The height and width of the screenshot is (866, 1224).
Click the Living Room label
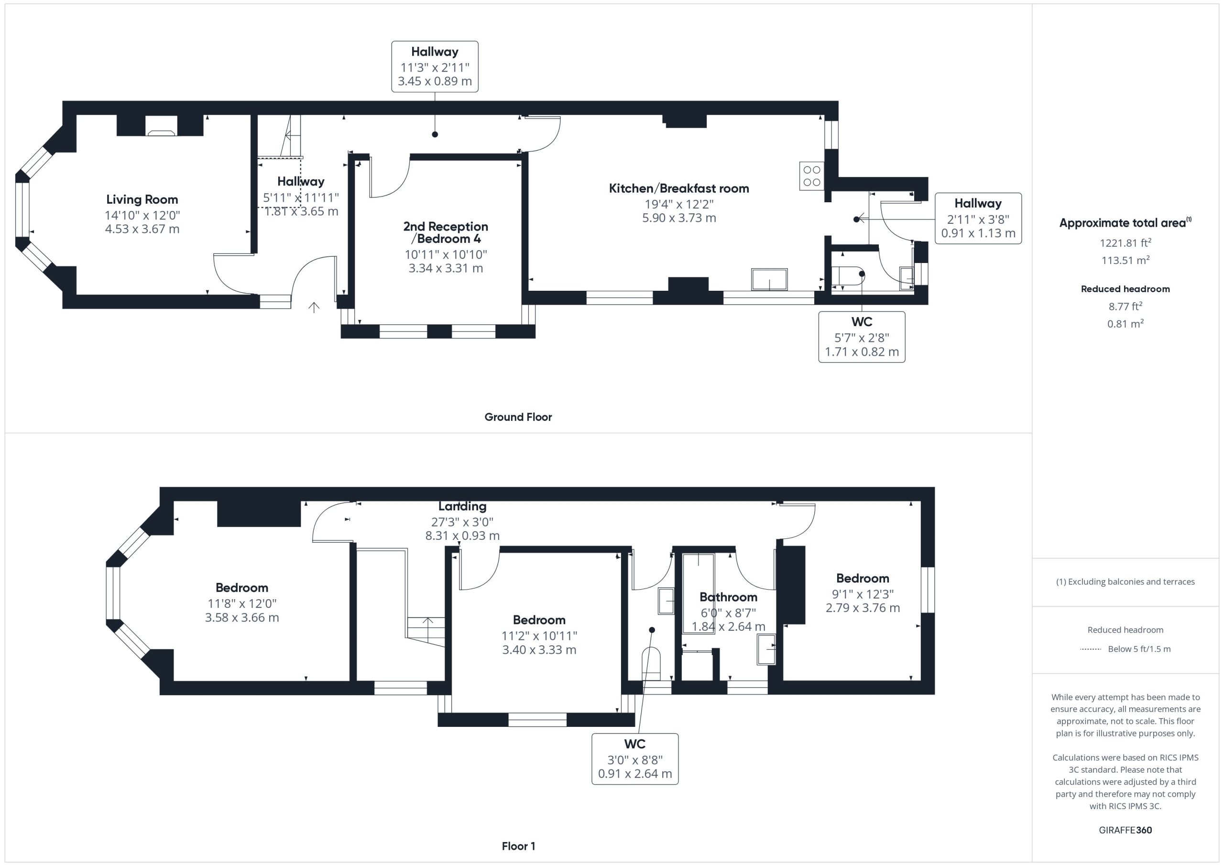point(142,199)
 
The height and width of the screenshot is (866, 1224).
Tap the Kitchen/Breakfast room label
point(678,188)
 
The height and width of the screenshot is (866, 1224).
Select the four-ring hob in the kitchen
point(811,176)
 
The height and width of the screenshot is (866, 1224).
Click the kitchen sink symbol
point(769,279)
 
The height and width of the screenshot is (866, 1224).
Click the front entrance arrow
point(314,307)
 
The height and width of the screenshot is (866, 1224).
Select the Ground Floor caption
point(518,417)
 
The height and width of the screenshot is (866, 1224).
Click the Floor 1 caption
point(518,846)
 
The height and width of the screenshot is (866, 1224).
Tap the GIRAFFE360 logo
point(1126,830)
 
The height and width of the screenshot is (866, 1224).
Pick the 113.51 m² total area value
point(1126,260)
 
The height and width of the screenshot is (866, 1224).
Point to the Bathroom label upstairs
point(728,597)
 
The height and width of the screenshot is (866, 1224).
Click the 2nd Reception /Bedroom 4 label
point(446,232)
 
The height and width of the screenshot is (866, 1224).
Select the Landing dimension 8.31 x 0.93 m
point(462,536)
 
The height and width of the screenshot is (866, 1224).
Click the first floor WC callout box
point(635,759)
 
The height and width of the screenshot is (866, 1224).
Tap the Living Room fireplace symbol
point(162,132)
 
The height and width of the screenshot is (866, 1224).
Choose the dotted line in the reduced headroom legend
point(1090,649)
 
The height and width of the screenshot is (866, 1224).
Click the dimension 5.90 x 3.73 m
point(678,218)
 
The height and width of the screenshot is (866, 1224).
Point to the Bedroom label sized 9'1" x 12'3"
point(863,578)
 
